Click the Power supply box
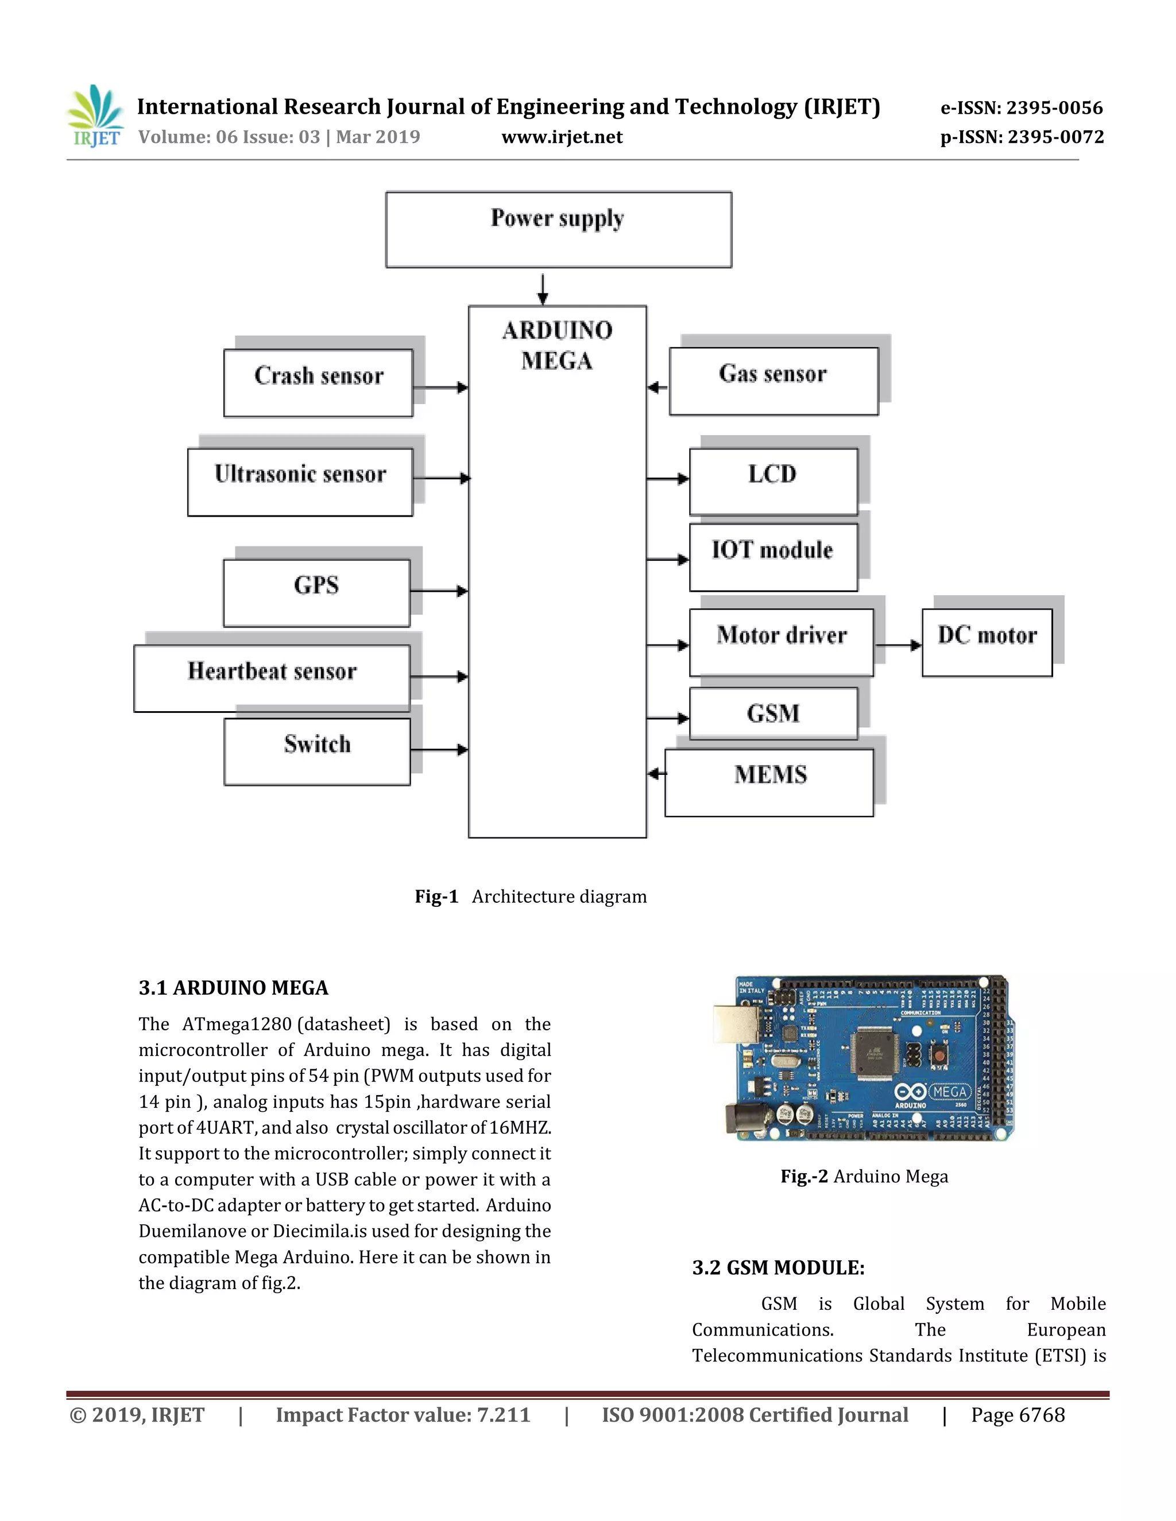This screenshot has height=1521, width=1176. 558,229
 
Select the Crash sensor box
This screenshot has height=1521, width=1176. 318,382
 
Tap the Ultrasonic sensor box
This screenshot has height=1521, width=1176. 300,481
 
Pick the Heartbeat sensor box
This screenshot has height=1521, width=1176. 272,678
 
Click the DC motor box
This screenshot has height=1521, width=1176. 987,642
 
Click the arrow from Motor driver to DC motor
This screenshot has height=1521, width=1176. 898,645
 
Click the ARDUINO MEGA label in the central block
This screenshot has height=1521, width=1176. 558,346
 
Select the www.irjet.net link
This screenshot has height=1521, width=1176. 562,137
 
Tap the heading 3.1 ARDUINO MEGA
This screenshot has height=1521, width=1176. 233,988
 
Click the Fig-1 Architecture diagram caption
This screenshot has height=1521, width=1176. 530,897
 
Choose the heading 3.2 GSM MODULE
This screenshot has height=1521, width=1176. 777,1267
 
